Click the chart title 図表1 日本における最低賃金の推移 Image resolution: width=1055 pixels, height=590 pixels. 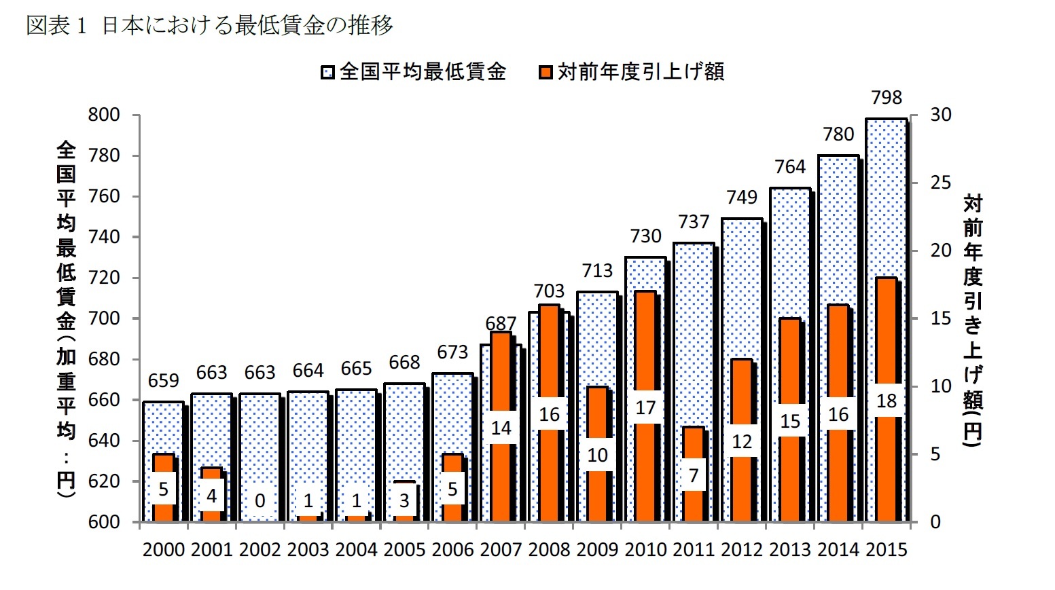click(209, 26)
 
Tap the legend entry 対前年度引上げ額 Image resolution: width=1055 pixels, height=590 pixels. click(632, 71)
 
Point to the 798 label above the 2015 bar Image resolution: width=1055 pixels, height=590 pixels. click(887, 98)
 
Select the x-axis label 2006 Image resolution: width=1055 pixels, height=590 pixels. click(452, 549)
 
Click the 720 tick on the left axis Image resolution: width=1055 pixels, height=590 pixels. click(104, 278)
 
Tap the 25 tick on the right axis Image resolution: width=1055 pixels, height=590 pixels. click(941, 183)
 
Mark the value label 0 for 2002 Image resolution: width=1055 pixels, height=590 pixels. click(260, 501)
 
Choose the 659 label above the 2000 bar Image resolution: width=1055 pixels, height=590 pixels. click(163, 381)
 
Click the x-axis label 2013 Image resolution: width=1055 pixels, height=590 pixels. click(790, 549)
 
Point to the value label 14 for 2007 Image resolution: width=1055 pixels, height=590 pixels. click(501, 428)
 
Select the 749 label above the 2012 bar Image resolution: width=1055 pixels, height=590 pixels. click(742, 198)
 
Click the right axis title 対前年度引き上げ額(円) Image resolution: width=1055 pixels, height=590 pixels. click(973, 319)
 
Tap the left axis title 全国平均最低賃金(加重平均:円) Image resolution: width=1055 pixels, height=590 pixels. click(66, 319)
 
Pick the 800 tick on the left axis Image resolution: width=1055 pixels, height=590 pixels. click(104, 115)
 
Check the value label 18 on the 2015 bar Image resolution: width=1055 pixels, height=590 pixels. click(887, 401)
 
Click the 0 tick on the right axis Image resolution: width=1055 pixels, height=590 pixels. click(935, 522)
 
